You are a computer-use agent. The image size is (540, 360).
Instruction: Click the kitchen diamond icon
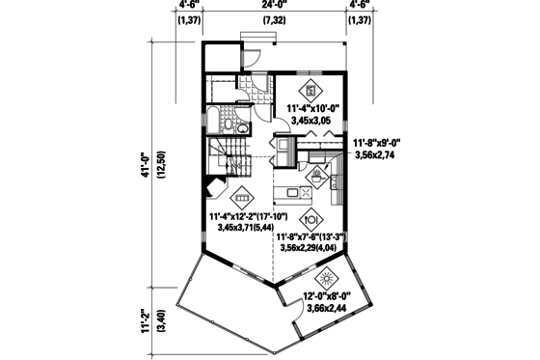317,176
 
